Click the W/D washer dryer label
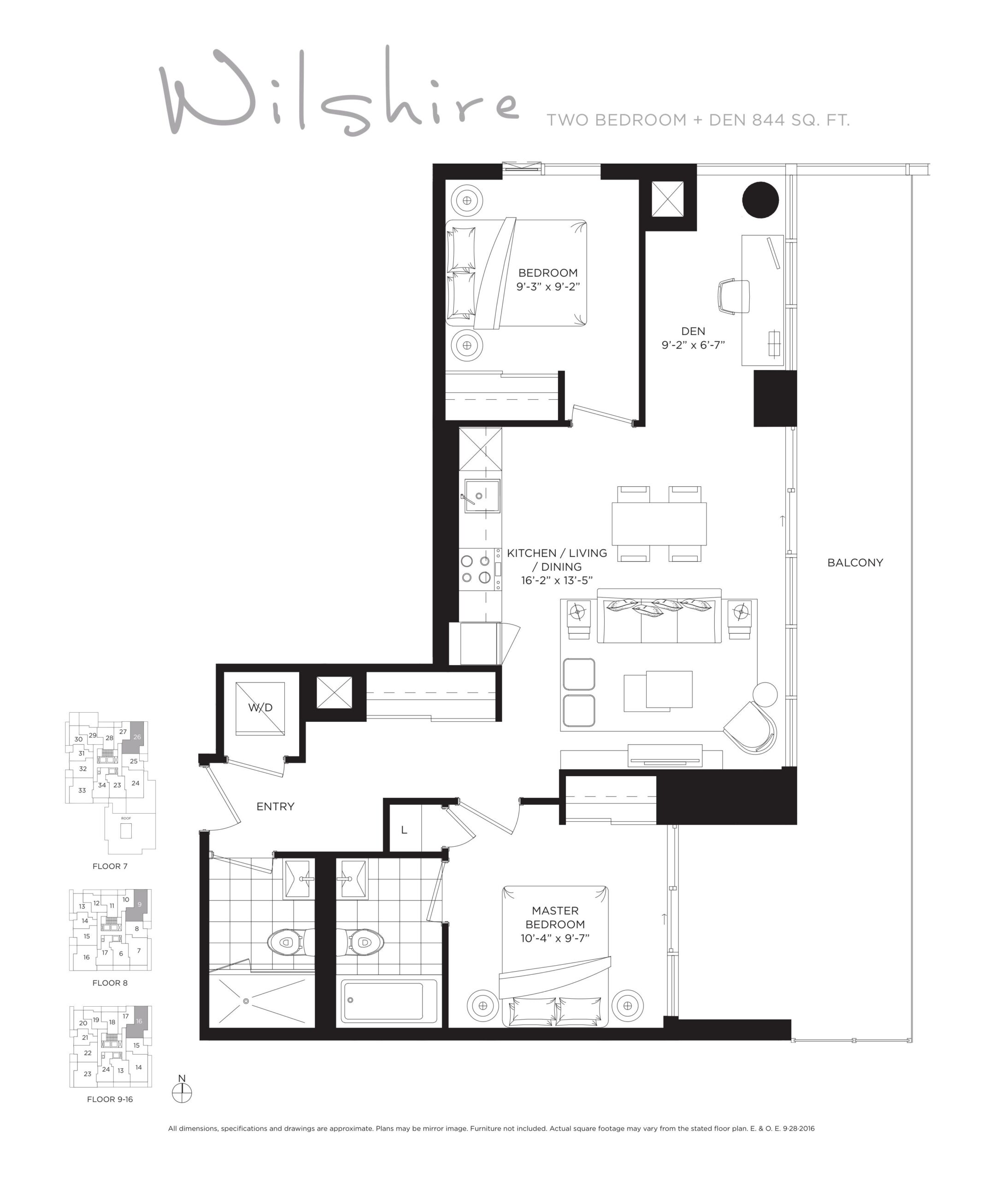[x=260, y=708]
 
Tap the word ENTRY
[x=275, y=806]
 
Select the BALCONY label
[x=855, y=562]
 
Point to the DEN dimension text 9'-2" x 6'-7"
[x=693, y=345]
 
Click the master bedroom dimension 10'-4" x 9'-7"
[x=555, y=938]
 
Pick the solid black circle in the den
[x=760, y=200]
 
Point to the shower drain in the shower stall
[x=246, y=1001]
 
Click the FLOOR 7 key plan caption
[x=110, y=866]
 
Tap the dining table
[x=659, y=524]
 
